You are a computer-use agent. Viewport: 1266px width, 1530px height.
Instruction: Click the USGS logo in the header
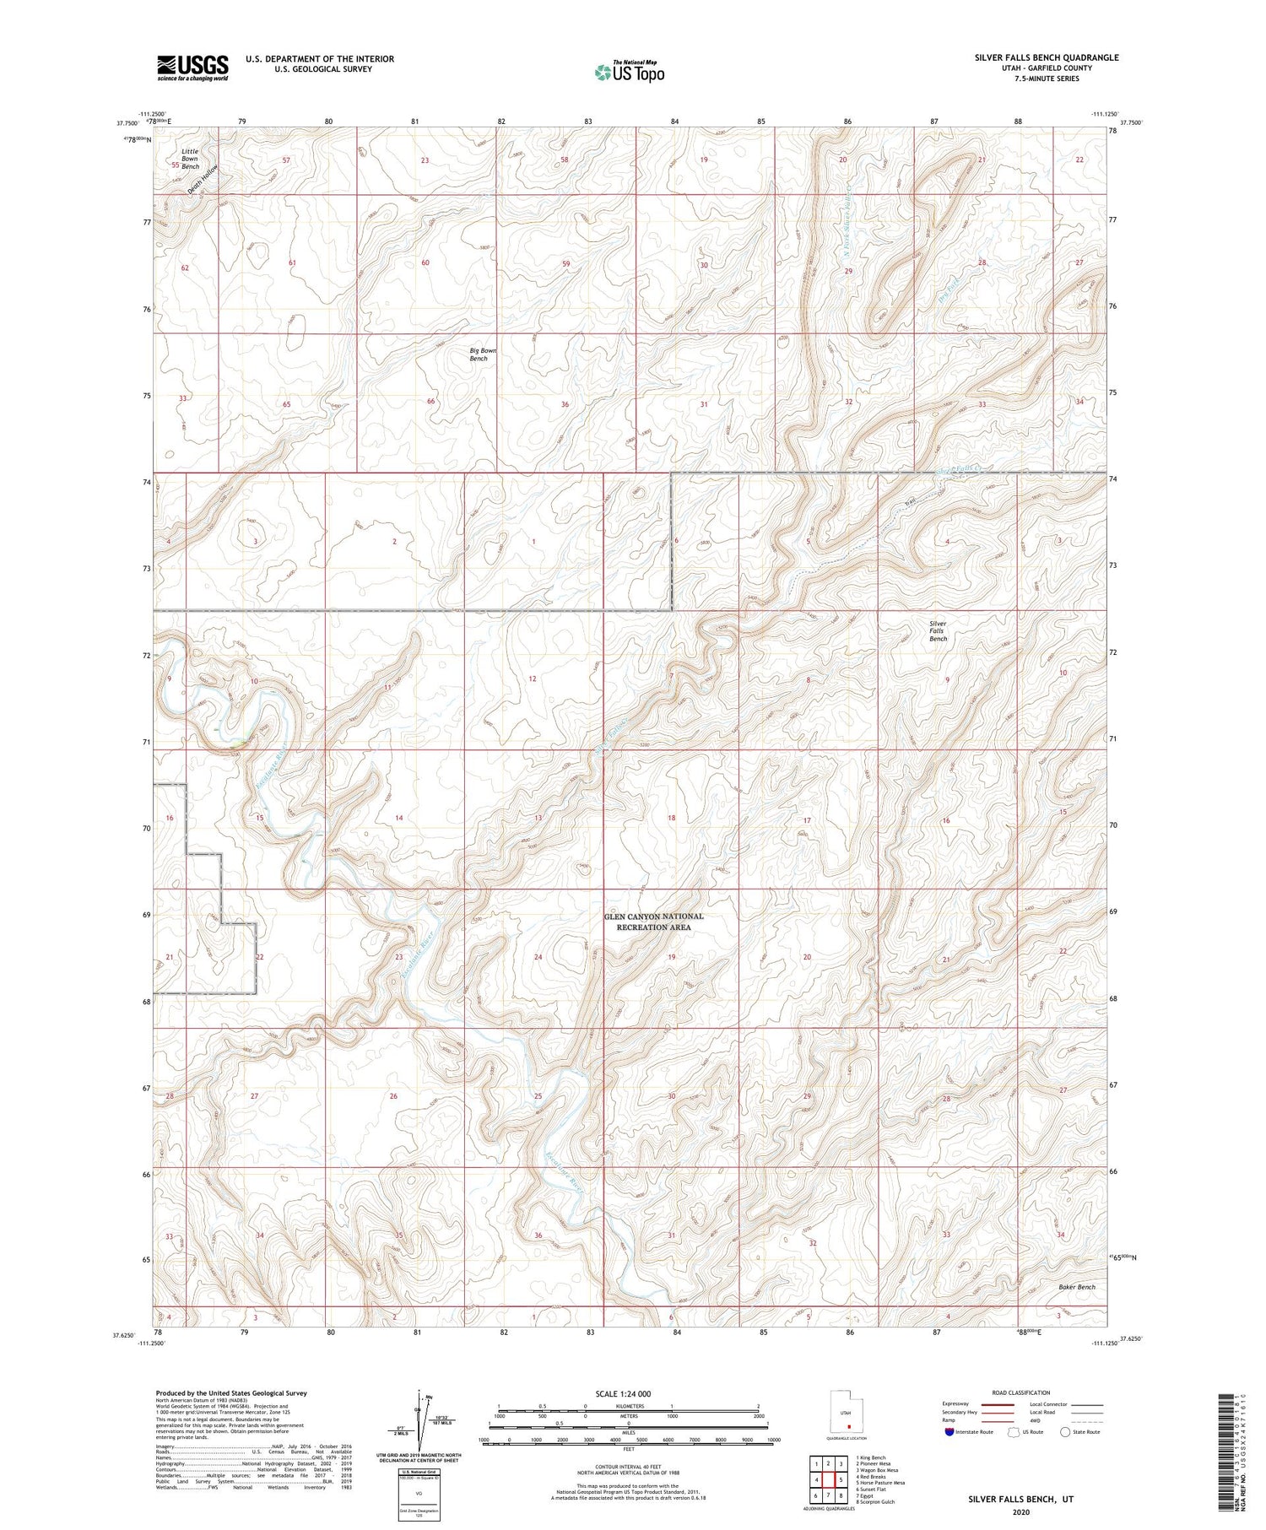click(192, 68)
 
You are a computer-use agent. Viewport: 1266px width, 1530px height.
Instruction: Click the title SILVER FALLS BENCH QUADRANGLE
click(1046, 57)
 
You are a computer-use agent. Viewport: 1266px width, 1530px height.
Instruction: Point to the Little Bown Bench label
click(190, 159)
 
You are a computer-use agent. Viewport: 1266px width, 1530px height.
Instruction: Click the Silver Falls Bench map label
click(938, 631)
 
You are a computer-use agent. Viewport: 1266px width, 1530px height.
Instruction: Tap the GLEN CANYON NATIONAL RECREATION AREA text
click(654, 922)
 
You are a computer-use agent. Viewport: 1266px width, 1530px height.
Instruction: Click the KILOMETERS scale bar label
click(628, 1406)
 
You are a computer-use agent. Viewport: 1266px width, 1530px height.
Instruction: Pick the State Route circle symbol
click(1066, 1432)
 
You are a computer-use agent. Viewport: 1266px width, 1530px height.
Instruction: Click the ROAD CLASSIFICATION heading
click(1021, 1392)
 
